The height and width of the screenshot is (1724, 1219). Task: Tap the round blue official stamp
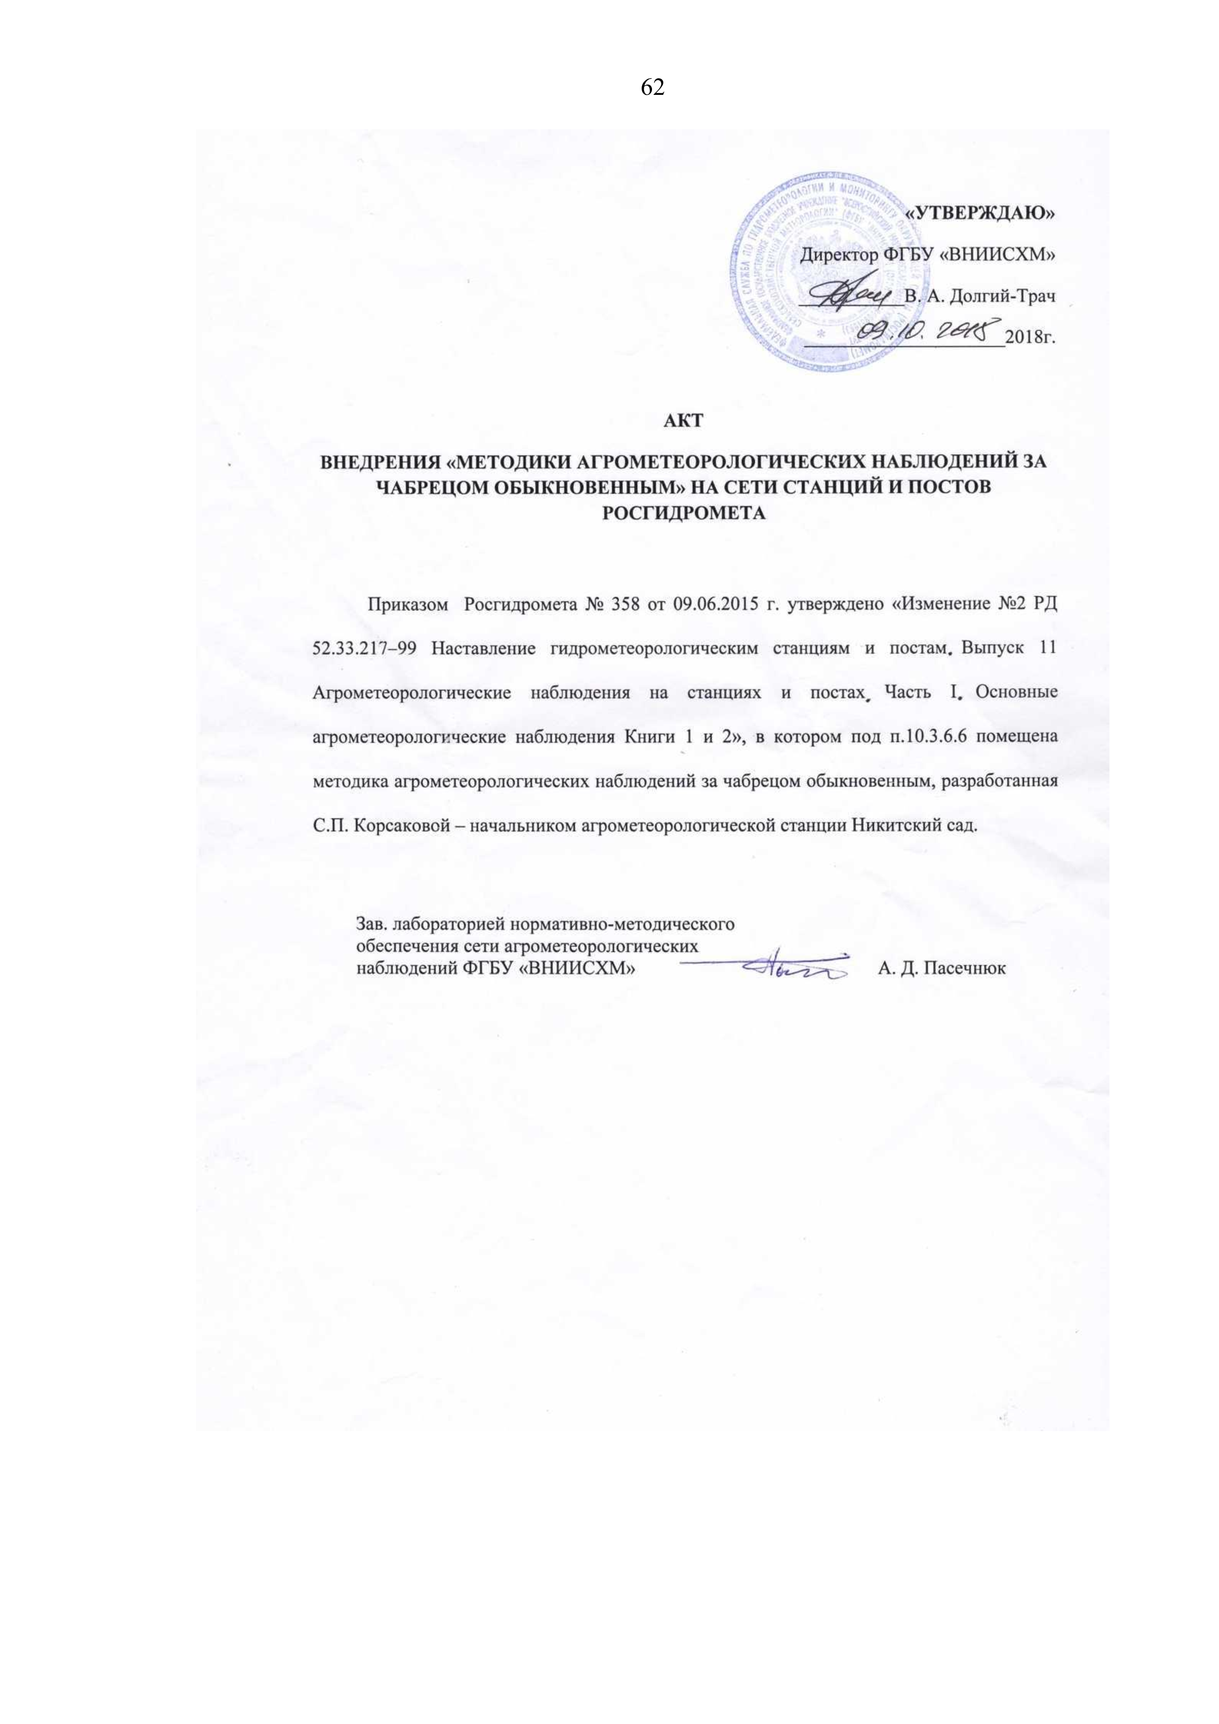tap(822, 269)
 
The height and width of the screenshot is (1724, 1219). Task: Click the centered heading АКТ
tap(684, 421)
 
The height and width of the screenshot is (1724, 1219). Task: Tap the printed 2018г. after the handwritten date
tap(1030, 337)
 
